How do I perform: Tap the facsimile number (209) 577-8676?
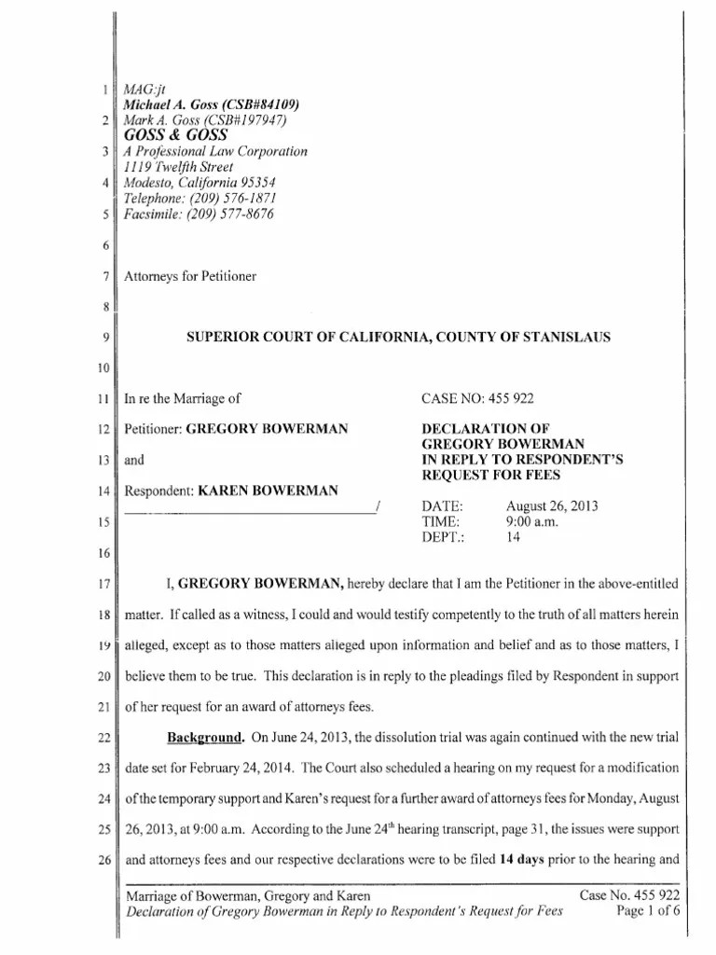pyautogui.click(x=232, y=214)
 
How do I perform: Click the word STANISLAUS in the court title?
pyautogui.click(x=568, y=337)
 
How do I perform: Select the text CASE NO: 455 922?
pyautogui.click(x=476, y=399)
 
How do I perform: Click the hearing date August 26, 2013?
pyautogui.click(x=552, y=506)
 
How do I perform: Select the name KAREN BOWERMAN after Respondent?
pyautogui.click(x=268, y=491)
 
